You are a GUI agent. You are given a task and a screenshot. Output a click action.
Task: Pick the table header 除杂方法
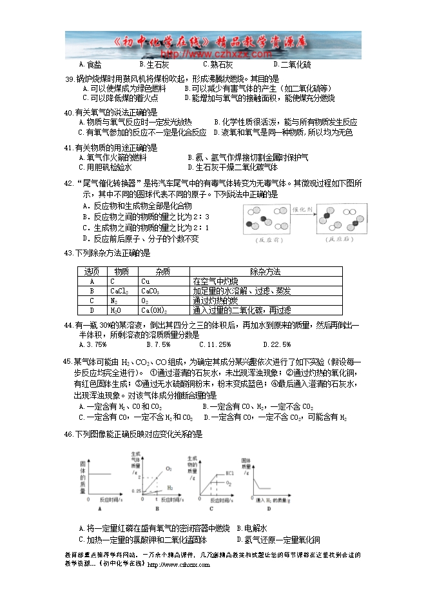(264, 272)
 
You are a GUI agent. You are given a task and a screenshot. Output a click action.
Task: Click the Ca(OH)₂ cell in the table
(154, 310)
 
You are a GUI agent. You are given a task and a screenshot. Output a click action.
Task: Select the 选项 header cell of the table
(92, 272)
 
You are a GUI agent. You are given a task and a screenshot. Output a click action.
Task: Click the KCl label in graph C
(229, 475)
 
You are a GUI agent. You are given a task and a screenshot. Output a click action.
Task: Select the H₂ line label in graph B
(170, 488)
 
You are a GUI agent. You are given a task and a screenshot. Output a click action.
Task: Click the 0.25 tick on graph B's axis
(136, 491)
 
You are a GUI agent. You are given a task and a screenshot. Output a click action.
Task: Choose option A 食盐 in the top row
(90, 64)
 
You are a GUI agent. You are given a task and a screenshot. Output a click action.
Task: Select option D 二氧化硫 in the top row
(292, 64)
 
